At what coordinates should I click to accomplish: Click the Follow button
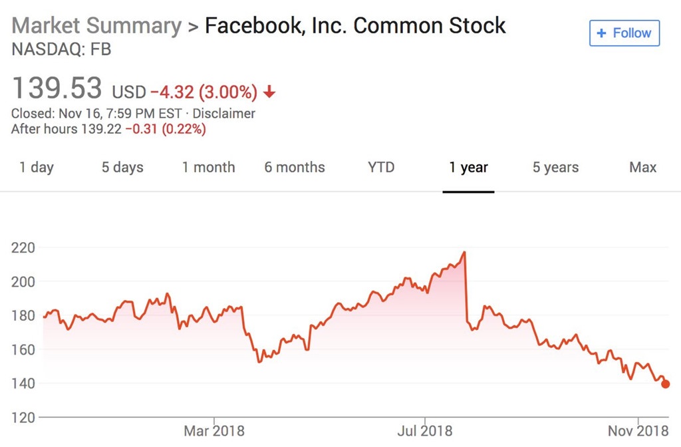point(624,33)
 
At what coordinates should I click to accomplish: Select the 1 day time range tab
point(37,167)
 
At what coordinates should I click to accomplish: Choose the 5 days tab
point(122,167)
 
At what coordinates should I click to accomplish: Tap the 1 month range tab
point(209,167)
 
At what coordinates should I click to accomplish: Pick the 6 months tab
point(295,167)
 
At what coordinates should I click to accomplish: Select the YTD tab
point(381,167)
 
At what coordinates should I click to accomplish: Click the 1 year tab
point(468,167)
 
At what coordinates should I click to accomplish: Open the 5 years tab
point(555,167)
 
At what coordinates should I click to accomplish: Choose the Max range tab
point(642,167)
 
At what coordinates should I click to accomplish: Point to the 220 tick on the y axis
point(23,247)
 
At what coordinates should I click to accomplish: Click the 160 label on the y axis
point(23,349)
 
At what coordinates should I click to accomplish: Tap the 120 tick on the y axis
point(23,418)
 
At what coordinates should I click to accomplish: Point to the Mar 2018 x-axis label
point(213,431)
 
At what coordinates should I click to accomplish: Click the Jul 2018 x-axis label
point(424,431)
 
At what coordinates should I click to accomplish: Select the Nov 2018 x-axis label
point(638,431)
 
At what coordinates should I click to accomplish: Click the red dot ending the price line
point(666,384)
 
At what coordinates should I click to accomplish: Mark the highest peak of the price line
point(464,252)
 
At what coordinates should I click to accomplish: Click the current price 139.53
point(57,88)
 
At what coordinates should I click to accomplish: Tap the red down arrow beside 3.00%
point(269,92)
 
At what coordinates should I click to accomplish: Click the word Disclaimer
point(224,114)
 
